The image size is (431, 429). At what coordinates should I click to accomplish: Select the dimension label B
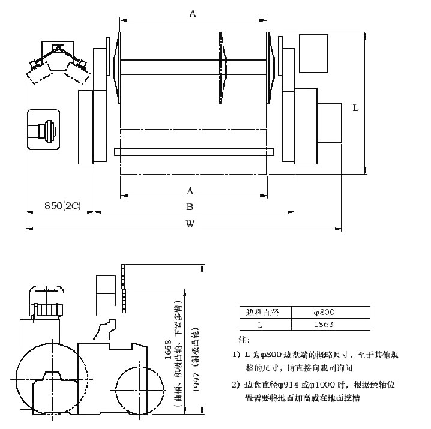(x=190, y=207)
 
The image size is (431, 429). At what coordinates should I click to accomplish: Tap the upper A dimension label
(x=193, y=14)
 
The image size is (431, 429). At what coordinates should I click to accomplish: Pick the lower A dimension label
(x=190, y=191)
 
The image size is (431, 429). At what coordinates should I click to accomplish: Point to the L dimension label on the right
(x=355, y=109)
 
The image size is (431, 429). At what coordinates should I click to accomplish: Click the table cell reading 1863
(x=324, y=324)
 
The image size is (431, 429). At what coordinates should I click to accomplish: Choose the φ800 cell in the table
(x=324, y=312)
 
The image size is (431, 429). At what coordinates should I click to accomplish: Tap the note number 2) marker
(x=235, y=385)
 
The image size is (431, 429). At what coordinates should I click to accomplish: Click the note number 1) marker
(x=235, y=355)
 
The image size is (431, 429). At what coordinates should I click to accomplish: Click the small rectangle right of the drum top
(x=313, y=53)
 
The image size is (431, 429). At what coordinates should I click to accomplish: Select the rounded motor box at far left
(x=43, y=130)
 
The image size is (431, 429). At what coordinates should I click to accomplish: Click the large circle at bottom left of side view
(x=49, y=377)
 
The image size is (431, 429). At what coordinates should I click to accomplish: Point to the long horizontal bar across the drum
(x=193, y=151)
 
